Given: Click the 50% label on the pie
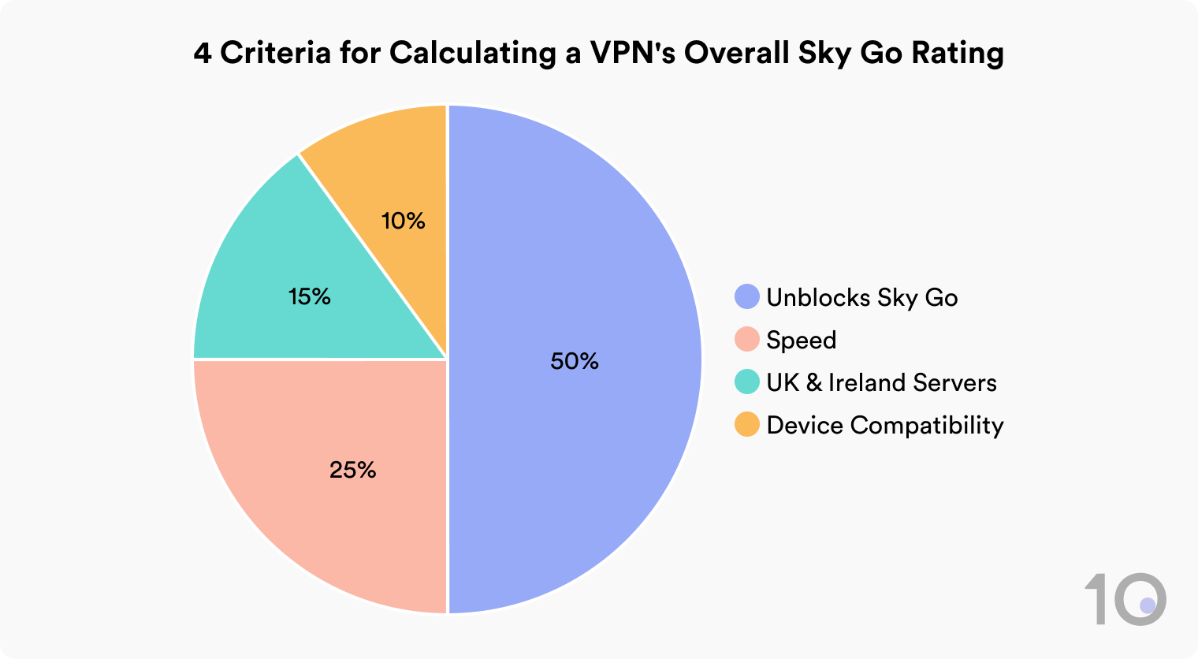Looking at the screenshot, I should click(575, 361).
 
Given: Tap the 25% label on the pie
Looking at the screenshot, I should click(352, 470).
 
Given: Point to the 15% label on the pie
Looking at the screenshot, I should click(309, 296).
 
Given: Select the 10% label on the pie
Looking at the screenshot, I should click(404, 221).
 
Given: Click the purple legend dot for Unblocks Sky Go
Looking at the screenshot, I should click(746, 297).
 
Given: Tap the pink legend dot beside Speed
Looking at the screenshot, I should click(746, 340).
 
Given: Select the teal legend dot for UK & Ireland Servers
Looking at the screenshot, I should click(746, 382).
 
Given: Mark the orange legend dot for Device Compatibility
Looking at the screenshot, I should click(746, 425).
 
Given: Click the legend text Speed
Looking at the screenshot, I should click(801, 341).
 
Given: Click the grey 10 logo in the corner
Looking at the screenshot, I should click(1125, 599).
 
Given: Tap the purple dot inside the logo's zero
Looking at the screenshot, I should click(1148, 605).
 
